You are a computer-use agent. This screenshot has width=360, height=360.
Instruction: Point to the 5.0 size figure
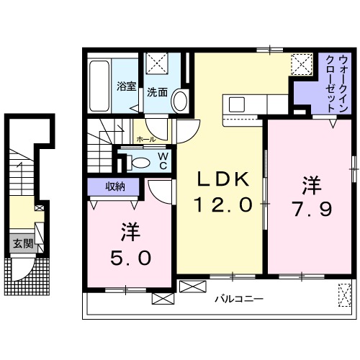130,257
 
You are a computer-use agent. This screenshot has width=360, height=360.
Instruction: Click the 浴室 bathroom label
127,87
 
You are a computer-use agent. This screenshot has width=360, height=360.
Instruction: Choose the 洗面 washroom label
158,92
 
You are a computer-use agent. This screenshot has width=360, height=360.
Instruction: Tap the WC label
163,160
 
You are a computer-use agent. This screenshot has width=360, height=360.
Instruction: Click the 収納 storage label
115,186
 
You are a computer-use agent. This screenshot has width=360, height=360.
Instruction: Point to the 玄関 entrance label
21,244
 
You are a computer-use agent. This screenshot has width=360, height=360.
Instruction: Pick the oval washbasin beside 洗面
179,100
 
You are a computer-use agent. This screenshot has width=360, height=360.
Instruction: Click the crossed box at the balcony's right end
343,293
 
